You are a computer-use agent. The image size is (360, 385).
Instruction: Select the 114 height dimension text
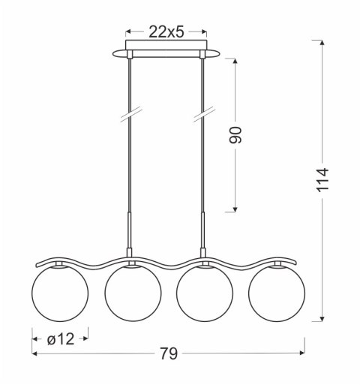tap(322, 181)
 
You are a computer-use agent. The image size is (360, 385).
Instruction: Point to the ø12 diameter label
tap(61, 339)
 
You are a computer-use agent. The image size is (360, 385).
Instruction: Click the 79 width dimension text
tap(169, 353)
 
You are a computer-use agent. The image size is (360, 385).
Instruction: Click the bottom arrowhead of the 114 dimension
tap(322, 318)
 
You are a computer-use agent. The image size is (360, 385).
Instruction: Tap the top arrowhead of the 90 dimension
tap(236, 60)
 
